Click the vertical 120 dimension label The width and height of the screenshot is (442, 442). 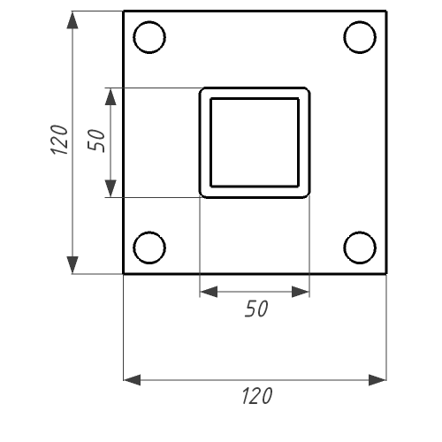pyautogui.click(x=60, y=140)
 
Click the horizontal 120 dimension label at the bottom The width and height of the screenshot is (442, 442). pyautogui.click(x=257, y=396)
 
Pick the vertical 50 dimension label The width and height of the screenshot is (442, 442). pyautogui.click(x=96, y=141)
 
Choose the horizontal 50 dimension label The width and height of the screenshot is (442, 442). pyautogui.click(x=256, y=309)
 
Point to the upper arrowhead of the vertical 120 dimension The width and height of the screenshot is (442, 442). pyautogui.click(x=72, y=20)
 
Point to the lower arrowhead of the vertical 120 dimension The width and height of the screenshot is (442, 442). pyautogui.click(x=72, y=265)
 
